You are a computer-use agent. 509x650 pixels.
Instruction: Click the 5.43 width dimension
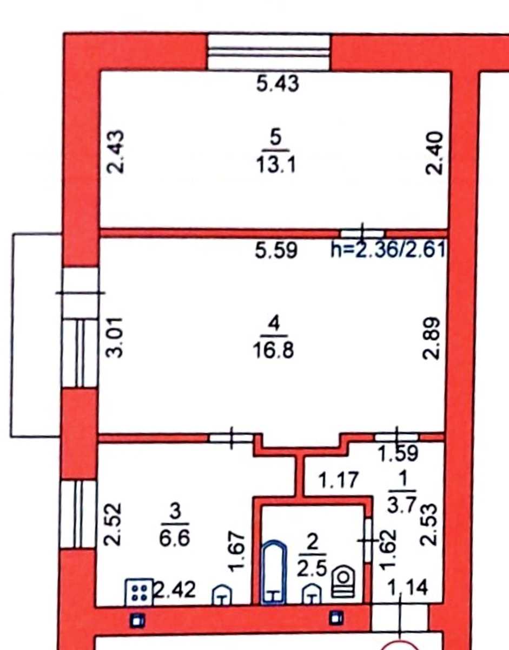(x=277, y=83)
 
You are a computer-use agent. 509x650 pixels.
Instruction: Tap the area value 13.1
(x=276, y=165)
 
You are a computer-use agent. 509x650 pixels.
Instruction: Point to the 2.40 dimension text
(x=433, y=153)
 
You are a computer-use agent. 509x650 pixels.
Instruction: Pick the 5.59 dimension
(x=276, y=250)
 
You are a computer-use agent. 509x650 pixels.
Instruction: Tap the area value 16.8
(x=274, y=350)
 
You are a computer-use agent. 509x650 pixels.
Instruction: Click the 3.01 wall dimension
(x=115, y=337)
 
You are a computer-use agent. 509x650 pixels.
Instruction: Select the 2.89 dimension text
(x=431, y=338)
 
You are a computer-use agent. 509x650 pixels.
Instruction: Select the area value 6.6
(x=175, y=539)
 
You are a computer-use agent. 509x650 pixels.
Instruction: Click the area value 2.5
(x=312, y=568)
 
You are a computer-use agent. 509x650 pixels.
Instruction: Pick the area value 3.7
(x=402, y=505)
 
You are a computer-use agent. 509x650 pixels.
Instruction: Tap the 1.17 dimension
(x=339, y=480)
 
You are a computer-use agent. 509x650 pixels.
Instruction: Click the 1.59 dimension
(x=398, y=453)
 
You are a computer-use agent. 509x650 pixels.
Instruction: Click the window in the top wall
(x=269, y=53)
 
